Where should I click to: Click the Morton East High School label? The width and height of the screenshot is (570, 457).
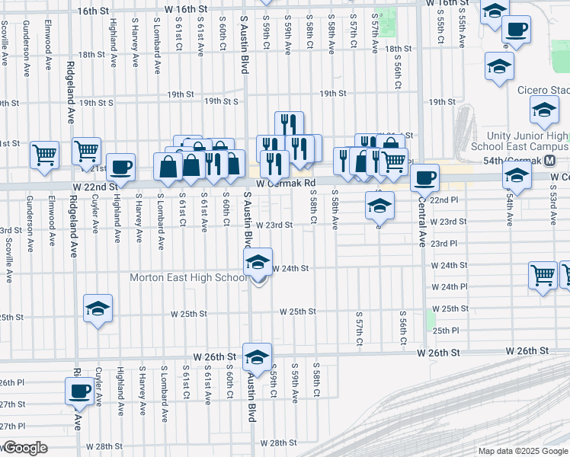[188, 277]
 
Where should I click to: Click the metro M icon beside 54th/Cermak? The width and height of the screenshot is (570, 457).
[560, 161]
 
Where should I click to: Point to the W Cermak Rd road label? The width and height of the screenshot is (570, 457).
[286, 184]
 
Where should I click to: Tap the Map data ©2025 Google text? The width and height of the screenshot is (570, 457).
[523, 451]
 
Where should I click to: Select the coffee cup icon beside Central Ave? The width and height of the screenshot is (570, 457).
[424, 177]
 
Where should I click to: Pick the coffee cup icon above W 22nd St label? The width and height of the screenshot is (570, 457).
[120, 166]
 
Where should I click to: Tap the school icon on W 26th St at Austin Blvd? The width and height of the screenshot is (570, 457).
[257, 356]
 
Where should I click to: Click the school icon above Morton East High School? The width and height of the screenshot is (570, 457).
[258, 263]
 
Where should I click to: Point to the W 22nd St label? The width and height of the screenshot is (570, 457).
[96, 186]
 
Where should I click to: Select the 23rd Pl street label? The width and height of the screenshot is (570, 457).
[444, 244]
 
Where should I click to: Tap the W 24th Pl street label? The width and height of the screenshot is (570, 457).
[449, 287]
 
